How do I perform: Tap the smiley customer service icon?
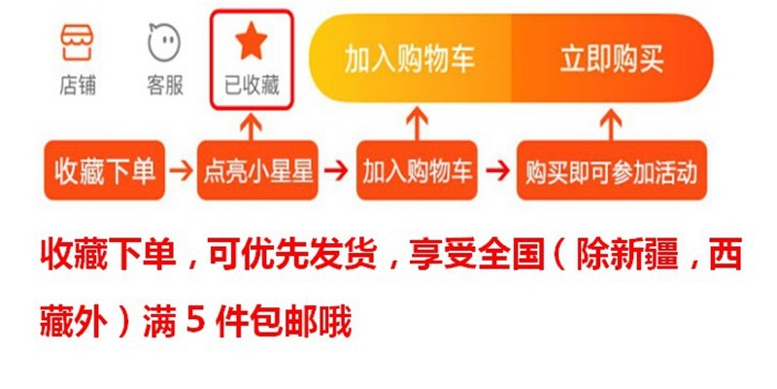pos(164,43)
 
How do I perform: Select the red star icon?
pos(252,41)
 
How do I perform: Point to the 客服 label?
pos(164,86)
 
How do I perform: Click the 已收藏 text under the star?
pos(252,86)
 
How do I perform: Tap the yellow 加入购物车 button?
pos(410,59)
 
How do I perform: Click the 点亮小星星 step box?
pos(258,172)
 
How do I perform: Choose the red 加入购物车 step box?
pos(418,172)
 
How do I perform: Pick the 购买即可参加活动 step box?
pos(611,172)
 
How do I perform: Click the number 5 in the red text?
pos(192,318)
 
